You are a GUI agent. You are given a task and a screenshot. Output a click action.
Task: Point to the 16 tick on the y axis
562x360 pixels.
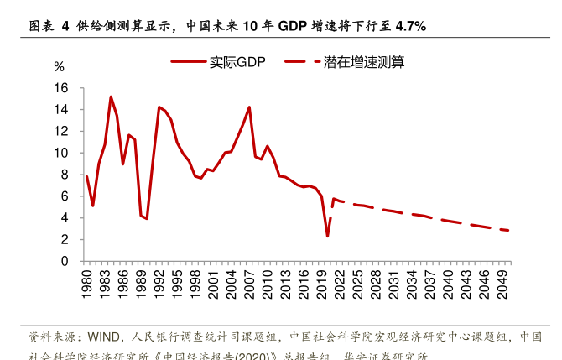point(60,88)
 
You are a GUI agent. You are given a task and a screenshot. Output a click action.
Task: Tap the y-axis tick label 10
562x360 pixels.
point(60,153)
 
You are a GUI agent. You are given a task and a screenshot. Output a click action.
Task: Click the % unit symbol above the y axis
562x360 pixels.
point(59,66)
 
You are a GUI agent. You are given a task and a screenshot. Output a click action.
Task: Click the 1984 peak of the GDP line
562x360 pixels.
point(111,97)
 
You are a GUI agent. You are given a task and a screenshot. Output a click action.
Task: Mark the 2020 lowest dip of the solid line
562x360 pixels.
point(327,236)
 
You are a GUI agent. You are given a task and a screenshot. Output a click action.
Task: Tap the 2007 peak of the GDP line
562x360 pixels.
point(249,107)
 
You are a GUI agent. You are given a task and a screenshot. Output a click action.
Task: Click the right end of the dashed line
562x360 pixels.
point(508,231)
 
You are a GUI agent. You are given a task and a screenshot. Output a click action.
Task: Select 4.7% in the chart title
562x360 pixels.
point(408,26)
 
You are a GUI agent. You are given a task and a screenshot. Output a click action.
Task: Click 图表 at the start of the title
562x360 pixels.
point(41,26)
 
